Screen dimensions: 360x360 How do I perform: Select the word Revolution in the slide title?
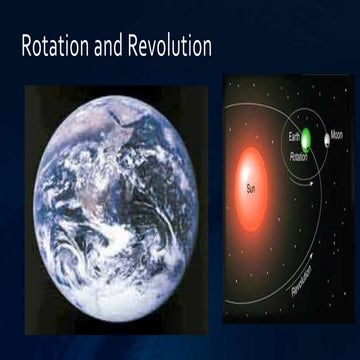tap(174, 47)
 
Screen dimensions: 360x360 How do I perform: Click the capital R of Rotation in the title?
tap(27, 47)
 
